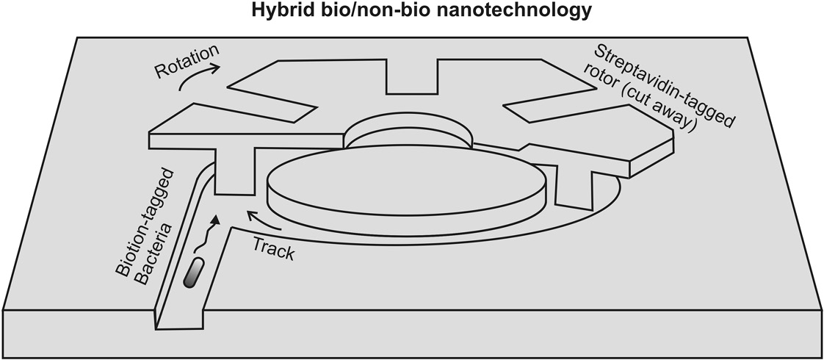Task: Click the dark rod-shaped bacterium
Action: click(193, 273)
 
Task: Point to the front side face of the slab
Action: click(411, 334)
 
